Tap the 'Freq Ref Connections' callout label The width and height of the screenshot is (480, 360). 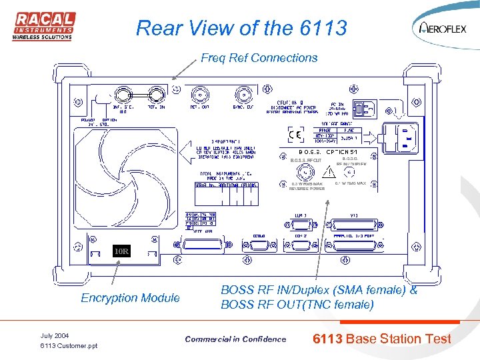click(x=259, y=58)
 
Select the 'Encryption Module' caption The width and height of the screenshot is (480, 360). click(x=130, y=298)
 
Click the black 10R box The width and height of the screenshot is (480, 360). click(x=121, y=251)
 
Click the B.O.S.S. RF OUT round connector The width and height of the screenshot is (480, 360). click(x=306, y=173)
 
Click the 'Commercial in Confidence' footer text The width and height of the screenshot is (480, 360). click(x=235, y=339)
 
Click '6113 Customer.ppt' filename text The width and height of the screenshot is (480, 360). click(x=69, y=346)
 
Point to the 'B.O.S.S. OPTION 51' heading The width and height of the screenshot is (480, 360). click(x=330, y=153)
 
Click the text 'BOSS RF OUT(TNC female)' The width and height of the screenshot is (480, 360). click(x=297, y=305)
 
